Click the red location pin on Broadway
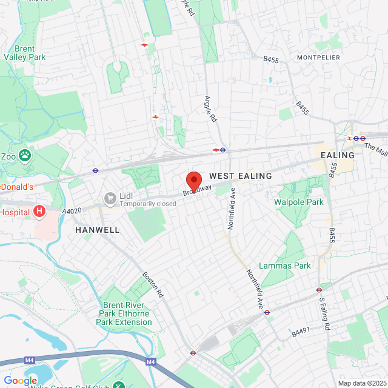coord(193,181)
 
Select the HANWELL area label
coord(97,230)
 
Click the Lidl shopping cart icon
coord(110,198)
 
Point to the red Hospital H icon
coord(39,211)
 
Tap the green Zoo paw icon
coord(25,155)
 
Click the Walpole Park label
coord(299,201)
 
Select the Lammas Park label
coord(284,266)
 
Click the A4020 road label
coord(72,211)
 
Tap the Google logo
coord(20,380)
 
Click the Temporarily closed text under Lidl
coord(147,204)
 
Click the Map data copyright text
coord(361,383)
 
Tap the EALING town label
coord(337,155)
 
